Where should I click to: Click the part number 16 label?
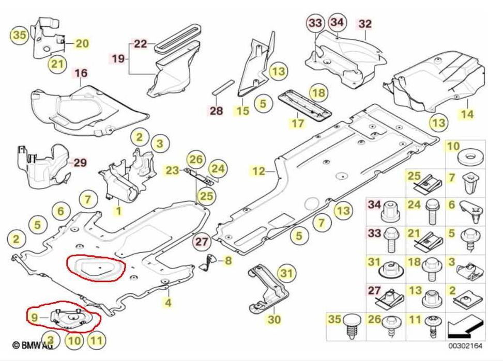(81, 73)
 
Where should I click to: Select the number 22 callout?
(140, 43)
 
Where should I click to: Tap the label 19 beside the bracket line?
(118, 59)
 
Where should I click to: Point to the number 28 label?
(216, 111)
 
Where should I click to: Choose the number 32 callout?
(365, 24)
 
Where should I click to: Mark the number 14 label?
(467, 114)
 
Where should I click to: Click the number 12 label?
(259, 171)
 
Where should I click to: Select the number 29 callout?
(80, 163)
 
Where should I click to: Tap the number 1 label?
(119, 211)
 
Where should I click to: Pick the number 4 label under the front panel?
(168, 302)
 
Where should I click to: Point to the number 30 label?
(274, 319)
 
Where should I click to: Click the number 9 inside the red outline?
(34, 318)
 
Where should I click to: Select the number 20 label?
(82, 43)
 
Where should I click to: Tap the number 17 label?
(298, 123)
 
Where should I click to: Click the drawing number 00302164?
(465, 346)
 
